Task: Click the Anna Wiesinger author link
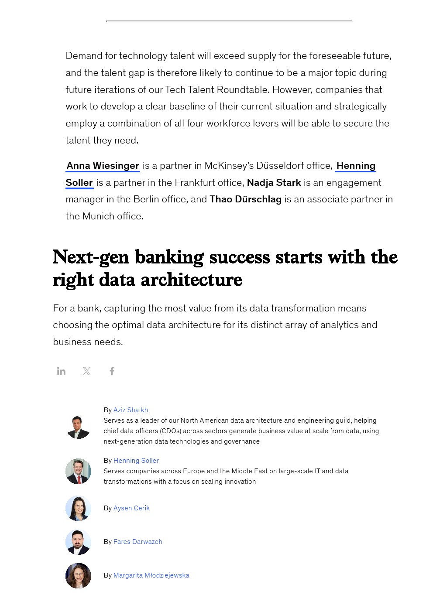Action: pyautogui.click(x=103, y=166)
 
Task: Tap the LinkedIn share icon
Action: pyautogui.click(x=61, y=371)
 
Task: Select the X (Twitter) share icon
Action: pyautogui.click(x=87, y=371)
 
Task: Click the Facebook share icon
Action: pyautogui.click(x=112, y=371)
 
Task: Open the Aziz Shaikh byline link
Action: pyautogui.click(x=131, y=410)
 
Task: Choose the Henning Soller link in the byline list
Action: pyautogui.click(x=136, y=461)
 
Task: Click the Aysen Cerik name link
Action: pyautogui.click(x=131, y=508)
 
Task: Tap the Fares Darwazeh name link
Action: pyautogui.click(x=137, y=542)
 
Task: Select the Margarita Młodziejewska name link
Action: pyautogui.click(x=151, y=575)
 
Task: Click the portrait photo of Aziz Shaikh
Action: pyautogui.click(x=78, y=426)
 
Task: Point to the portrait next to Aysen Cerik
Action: pyautogui.click(x=78, y=508)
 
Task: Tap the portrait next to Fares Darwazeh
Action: pyautogui.click(x=78, y=542)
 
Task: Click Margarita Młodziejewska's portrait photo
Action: pyautogui.click(x=78, y=576)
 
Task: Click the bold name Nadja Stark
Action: pyautogui.click(x=274, y=183)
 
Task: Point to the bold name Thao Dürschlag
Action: pyautogui.click(x=245, y=199)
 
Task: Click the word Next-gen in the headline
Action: pyautogui.click(x=91, y=257)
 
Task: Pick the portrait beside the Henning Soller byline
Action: pyautogui.click(x=78, y=471)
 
